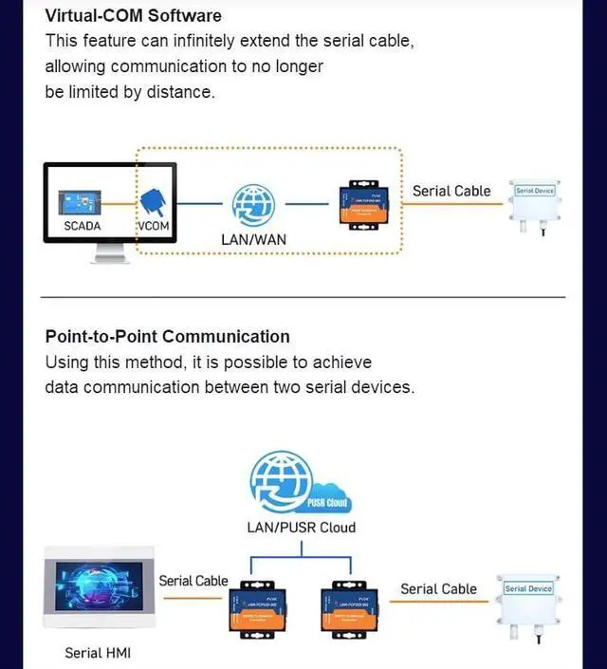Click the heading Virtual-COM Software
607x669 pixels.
coord(134,15)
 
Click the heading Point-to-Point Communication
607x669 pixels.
coord(168,336)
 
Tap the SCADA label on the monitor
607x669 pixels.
coord(82,227)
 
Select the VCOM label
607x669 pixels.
coord(153,227)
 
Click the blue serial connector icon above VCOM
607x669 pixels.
coord(154,200)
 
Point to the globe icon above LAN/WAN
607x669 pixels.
coord(253,204)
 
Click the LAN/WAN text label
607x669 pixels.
coord(253,240)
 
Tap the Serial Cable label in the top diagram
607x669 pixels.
coord(451,191)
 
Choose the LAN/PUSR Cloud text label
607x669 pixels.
coord(301,528)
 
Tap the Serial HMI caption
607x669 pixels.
coord(99,653)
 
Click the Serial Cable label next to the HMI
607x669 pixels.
coord(193,581)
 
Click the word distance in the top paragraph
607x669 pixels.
coord(180,92)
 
